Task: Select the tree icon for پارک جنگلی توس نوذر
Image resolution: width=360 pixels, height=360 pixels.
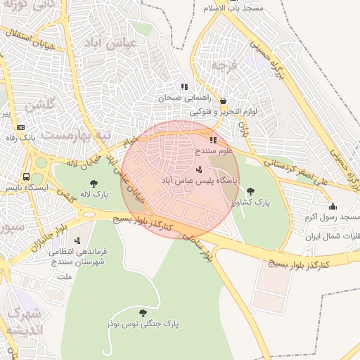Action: (x=143, y=312)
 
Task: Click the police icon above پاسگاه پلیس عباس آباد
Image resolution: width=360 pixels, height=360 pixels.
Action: (x=199, y=169)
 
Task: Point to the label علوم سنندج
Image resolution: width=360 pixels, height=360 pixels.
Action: (x=203, y=150)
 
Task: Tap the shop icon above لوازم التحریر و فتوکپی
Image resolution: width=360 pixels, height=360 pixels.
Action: (x=224, y=101)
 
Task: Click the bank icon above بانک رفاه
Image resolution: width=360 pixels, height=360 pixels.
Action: (x=20, y=127)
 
